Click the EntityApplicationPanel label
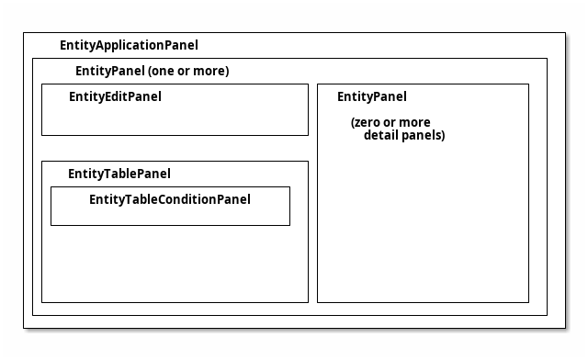click(128, 45)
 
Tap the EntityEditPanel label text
click(115, 96)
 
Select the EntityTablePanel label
click(119, 174)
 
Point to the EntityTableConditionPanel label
click(169, 199)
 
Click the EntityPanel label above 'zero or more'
click(371, 96)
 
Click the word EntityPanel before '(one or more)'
click(109, 71)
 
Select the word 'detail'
click(382, 135)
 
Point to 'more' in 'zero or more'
click(414, 122)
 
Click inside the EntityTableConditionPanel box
click(170, 215)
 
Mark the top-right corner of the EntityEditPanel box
click(308, 84)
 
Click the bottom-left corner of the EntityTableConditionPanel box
click(51, 225)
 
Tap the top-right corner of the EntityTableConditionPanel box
click(289, 187)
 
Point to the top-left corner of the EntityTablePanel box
click(41, 162)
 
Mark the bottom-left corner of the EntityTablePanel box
click(41, 301)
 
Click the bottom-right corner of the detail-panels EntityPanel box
click(528, 301)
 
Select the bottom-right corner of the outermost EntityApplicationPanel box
click(565, 326)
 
